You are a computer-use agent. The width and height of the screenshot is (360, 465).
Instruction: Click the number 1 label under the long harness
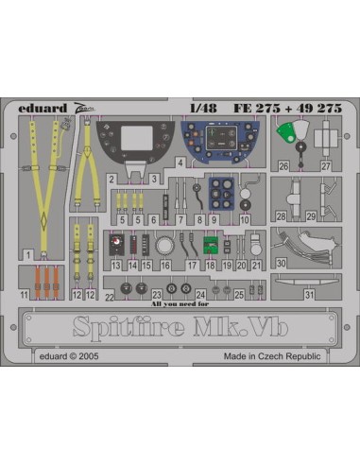pos(31,256)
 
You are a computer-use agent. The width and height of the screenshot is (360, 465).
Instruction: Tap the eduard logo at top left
pos(45,107)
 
